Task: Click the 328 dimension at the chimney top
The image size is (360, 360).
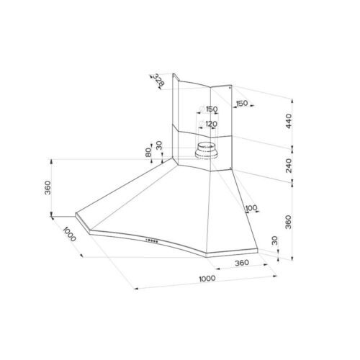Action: (158, 80)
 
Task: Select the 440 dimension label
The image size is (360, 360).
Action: (289, 121)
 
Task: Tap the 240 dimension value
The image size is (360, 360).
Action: (289, 166)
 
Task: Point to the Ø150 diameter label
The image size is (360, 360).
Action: (209, 109)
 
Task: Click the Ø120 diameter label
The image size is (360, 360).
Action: (208, 124)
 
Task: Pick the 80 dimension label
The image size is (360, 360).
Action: (148, 153)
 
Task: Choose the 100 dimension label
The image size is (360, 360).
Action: (251, 207)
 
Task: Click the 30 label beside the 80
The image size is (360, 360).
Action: (159, 145)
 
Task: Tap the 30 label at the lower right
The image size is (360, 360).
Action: (274, 240)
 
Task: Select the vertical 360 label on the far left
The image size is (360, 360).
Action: (48, 188)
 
